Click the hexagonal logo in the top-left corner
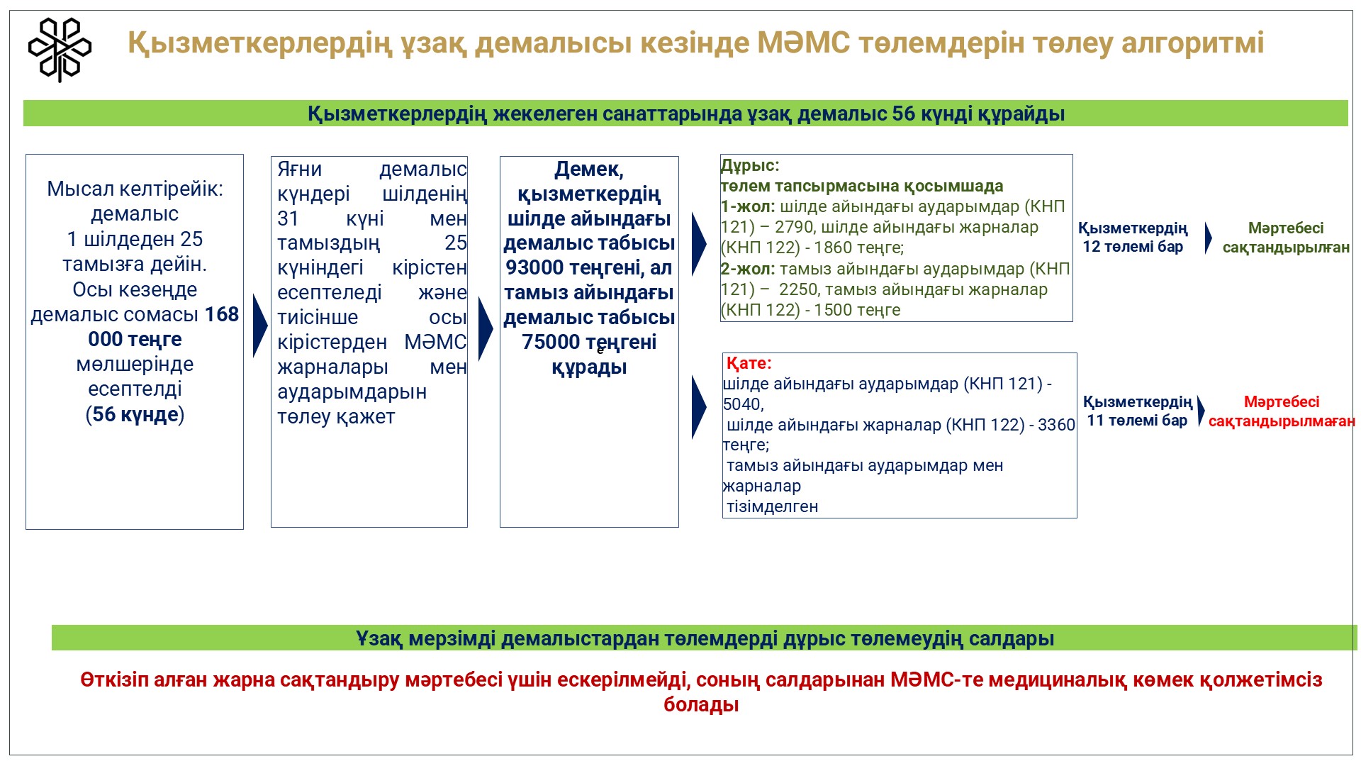[60, 50]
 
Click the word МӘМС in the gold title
[803, 43]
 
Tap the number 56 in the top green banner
[904, 114]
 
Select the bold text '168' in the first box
[222, 314]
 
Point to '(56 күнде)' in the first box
[135, 414]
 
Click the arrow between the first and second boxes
[260, 326]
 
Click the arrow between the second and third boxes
[486, 329]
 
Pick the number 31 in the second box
[288, 218]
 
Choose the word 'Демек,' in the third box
[589, 170]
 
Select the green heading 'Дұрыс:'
[750, 166]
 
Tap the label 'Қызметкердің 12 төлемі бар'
[1133, 238]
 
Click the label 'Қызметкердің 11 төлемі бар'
[1138, 411]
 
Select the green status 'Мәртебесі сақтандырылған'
[1286, 238]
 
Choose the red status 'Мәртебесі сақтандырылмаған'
[1282, 411]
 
